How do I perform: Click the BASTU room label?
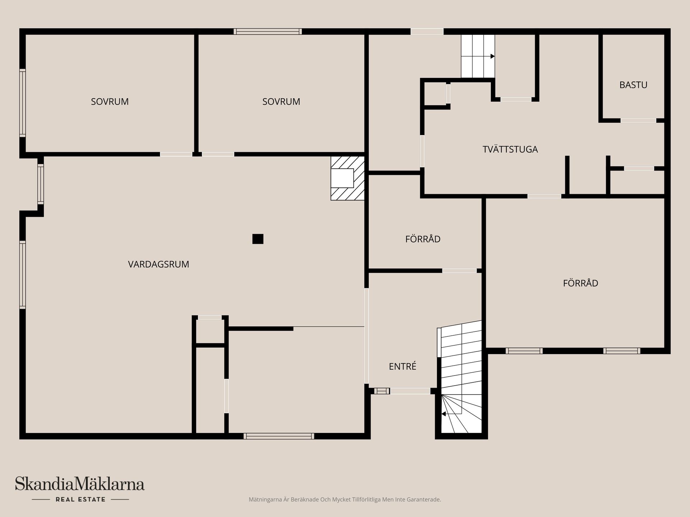click(633, 85)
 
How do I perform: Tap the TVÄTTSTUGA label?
click(510, 149)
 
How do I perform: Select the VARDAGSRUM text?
click(158, 264)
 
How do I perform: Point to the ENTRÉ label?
click(402, 366)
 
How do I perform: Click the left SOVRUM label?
click(110, 102)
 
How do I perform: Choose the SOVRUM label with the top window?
click(281, 102)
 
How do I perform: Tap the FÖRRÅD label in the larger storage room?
click(580, 283)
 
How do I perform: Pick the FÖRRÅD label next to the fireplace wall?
click(423, 239)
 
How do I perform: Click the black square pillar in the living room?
click(258, 239)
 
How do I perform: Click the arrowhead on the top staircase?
click(493, 56)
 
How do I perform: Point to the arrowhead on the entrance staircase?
click(443, 414)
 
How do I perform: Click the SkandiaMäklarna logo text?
click(80, 484)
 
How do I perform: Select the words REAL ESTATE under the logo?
click(80, 499)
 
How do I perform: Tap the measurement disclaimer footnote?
click(345, 499)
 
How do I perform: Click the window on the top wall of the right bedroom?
click(268, 32)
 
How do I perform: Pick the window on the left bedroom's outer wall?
click(22, 103)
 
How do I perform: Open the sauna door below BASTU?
click(638, 121)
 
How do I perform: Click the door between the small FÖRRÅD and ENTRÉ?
click(459, 271)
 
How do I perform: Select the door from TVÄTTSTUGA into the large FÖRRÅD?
click(544, 196)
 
